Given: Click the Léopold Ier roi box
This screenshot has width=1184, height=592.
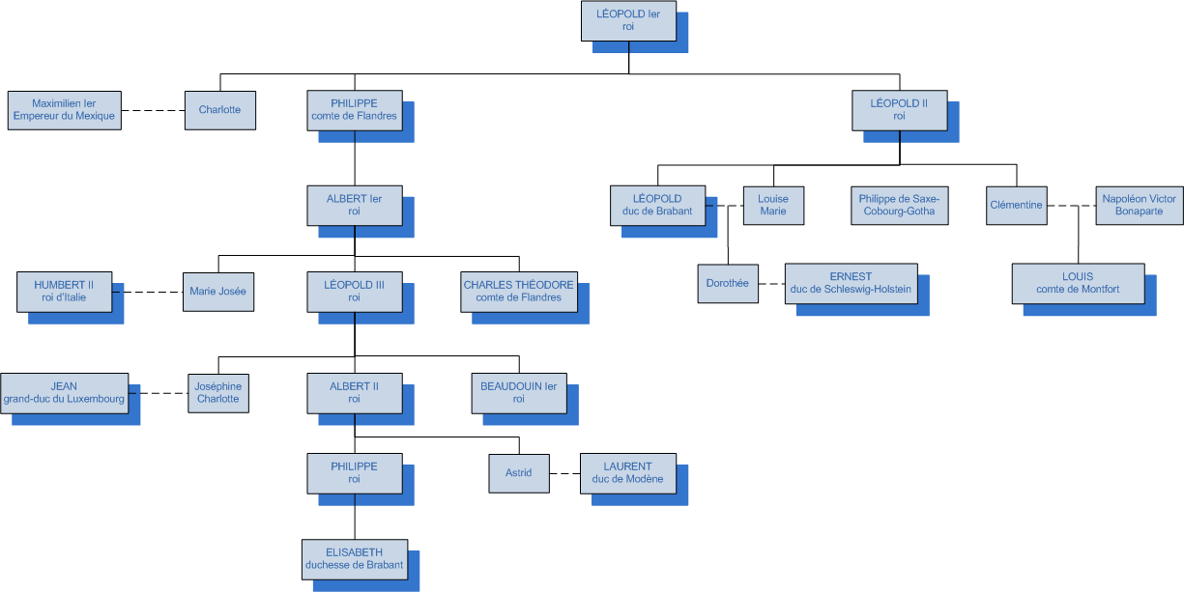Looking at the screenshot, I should tap(628, 21).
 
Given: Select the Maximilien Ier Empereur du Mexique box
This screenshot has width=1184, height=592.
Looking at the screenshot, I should tap(65, 109).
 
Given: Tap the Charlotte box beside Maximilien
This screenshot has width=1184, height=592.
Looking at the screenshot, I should tap(219, 109).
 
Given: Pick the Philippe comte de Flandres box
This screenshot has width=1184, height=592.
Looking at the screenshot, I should tap(354, 109).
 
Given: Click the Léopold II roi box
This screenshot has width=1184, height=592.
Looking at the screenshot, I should tap(899, 109).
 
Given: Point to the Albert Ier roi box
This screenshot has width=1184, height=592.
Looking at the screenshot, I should tap(354, 206).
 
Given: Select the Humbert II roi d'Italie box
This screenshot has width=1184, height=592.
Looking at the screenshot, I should tap(65, 291).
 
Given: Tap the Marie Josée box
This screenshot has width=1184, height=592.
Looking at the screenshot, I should tap(219, 292).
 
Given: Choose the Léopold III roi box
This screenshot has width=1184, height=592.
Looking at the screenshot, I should tap(354, 291).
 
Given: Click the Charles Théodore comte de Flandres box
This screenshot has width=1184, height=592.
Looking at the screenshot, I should tap(519, 291).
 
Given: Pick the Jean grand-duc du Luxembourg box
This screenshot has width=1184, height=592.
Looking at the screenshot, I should tap(65, 393).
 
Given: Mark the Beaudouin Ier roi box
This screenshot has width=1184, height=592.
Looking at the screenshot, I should tap(519, 393).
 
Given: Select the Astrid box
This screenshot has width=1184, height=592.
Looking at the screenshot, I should tap(519, 473).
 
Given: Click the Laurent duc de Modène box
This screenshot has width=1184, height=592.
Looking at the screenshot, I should tap(628, 473).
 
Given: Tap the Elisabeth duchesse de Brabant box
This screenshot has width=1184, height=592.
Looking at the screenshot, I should tap(354, 559).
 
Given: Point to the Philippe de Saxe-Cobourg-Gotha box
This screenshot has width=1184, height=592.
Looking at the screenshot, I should tap(899, 206).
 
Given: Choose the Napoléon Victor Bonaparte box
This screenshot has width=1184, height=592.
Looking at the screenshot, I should tap(1139, 206).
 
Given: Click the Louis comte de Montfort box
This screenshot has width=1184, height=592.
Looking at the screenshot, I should tap(1078, 283).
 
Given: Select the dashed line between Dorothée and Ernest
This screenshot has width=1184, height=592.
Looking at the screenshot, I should tap(772, 284).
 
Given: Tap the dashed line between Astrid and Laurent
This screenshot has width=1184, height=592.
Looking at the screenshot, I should tap(564, 474).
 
